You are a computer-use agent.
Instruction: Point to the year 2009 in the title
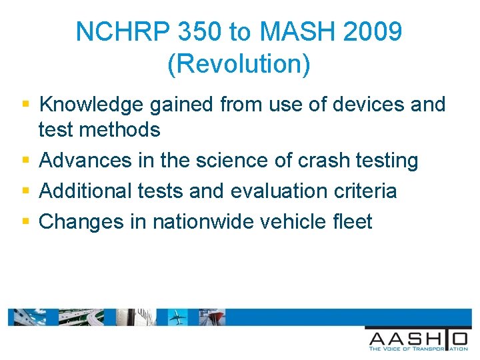374,32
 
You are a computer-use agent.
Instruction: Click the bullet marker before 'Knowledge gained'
25,104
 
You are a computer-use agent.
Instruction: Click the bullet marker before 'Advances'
25,161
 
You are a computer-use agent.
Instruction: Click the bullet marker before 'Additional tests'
25,191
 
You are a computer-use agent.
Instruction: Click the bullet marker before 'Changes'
25,221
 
